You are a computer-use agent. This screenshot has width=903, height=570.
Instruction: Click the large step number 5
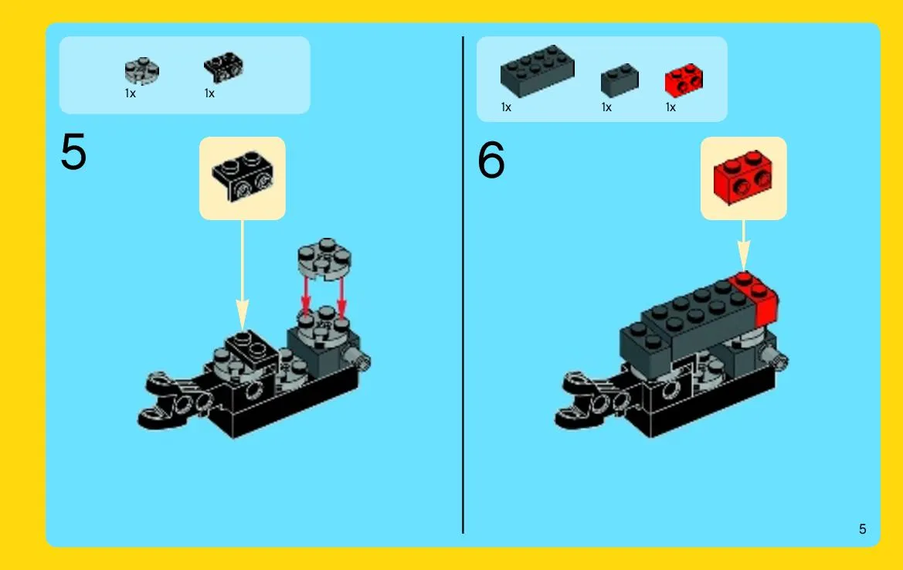point(73,151)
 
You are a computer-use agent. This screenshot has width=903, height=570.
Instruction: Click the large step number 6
point(491,160)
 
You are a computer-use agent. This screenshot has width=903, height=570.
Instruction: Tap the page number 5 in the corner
point(862,529)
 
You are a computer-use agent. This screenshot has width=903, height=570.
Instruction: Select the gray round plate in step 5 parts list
point(141,71)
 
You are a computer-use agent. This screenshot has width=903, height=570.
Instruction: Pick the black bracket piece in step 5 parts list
point(223,67)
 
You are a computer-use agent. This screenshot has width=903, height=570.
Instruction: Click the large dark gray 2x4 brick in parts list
point(538,70)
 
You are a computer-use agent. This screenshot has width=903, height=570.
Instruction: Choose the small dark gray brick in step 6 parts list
point(620,80)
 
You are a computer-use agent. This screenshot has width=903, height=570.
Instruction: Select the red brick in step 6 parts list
point(684,80)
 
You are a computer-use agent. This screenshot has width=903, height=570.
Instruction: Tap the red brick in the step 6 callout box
point(743,177)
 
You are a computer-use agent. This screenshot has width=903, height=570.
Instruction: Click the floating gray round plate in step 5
point(324,259)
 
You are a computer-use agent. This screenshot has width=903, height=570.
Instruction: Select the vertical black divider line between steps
point(463,285)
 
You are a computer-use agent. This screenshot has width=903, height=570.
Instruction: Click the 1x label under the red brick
point(670,107)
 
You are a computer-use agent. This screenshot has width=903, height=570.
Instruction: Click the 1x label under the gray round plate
point(130,93)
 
